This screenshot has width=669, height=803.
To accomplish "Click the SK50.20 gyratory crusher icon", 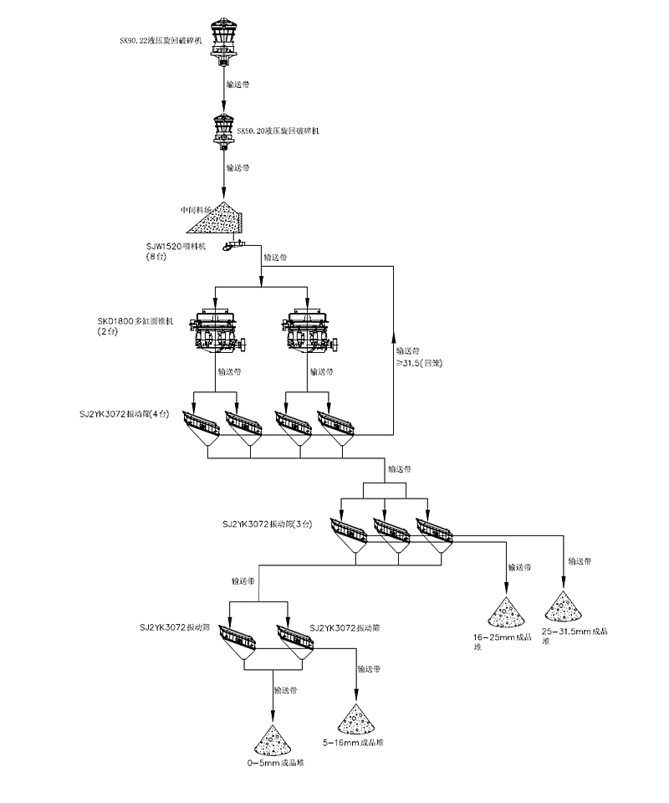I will [x=224, y=130].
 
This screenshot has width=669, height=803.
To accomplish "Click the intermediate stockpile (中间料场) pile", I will [x=217, y=218].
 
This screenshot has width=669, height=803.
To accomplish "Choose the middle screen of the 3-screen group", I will [x=392, y=533].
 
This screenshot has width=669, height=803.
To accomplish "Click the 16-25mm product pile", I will [x=507, y=613].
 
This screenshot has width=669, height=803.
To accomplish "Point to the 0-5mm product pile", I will [x=273, y=741].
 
